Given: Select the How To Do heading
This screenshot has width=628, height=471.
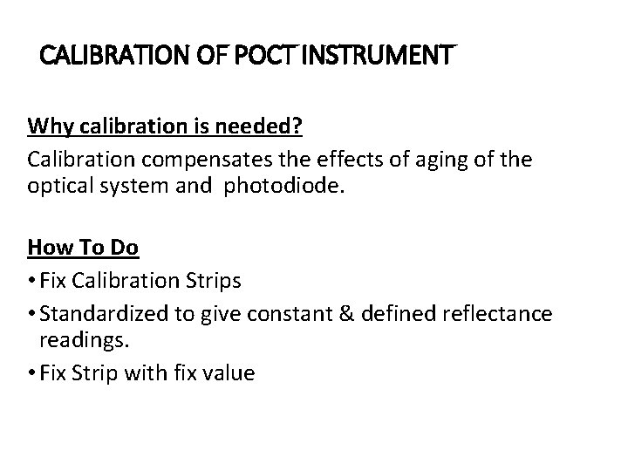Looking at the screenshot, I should pyautogui.click(x=83, y=248).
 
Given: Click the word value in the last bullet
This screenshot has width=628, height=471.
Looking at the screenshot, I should pyautogui.click(x=225, y=373).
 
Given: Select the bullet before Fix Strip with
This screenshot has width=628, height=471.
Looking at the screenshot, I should pyautogui.click(x=32, y=373).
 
